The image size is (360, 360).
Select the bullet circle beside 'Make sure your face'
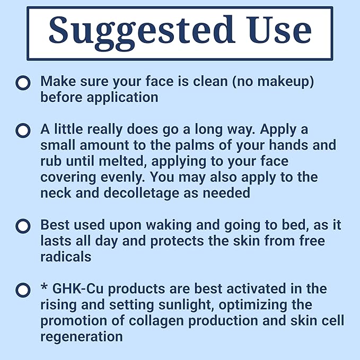click(23, 83)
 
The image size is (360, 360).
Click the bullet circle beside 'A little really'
click(23, 130)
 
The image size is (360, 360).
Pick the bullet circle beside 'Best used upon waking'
click(23, 226)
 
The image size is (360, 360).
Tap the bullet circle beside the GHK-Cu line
click(23, 290)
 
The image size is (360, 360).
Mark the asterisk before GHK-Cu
click(44, 288)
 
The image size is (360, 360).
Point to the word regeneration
click(81, 337)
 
